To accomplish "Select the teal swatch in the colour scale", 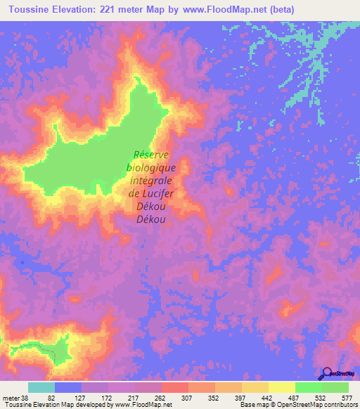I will point(41,387).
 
